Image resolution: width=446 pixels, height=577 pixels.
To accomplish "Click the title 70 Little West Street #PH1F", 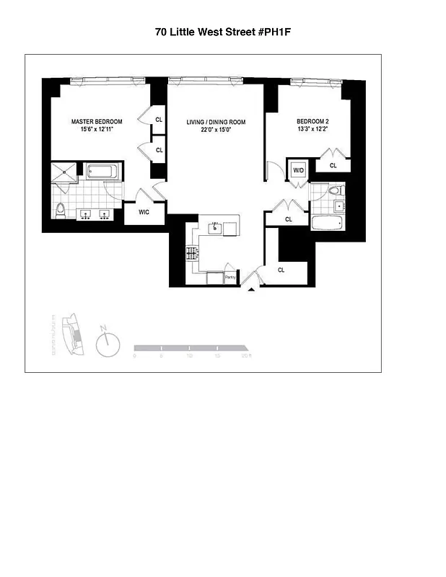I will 223,32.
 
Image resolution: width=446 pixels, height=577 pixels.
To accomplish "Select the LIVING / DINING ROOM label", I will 216,123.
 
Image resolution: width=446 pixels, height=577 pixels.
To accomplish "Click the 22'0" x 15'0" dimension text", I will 216,131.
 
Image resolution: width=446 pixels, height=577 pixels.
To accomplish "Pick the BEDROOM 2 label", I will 312,121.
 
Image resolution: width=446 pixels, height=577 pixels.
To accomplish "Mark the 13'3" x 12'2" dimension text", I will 312,130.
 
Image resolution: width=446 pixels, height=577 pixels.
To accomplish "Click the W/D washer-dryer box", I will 297,170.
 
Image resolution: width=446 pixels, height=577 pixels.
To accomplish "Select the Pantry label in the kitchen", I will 230,277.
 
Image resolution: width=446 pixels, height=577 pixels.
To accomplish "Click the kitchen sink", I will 214,229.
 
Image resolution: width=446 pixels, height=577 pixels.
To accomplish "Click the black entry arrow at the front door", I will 251,289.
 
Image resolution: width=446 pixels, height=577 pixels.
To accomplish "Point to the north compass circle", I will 107,343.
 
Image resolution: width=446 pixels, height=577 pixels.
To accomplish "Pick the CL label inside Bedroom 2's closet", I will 333,166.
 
